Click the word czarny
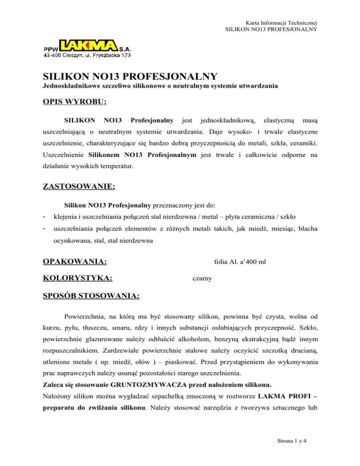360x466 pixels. coord(202,278)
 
